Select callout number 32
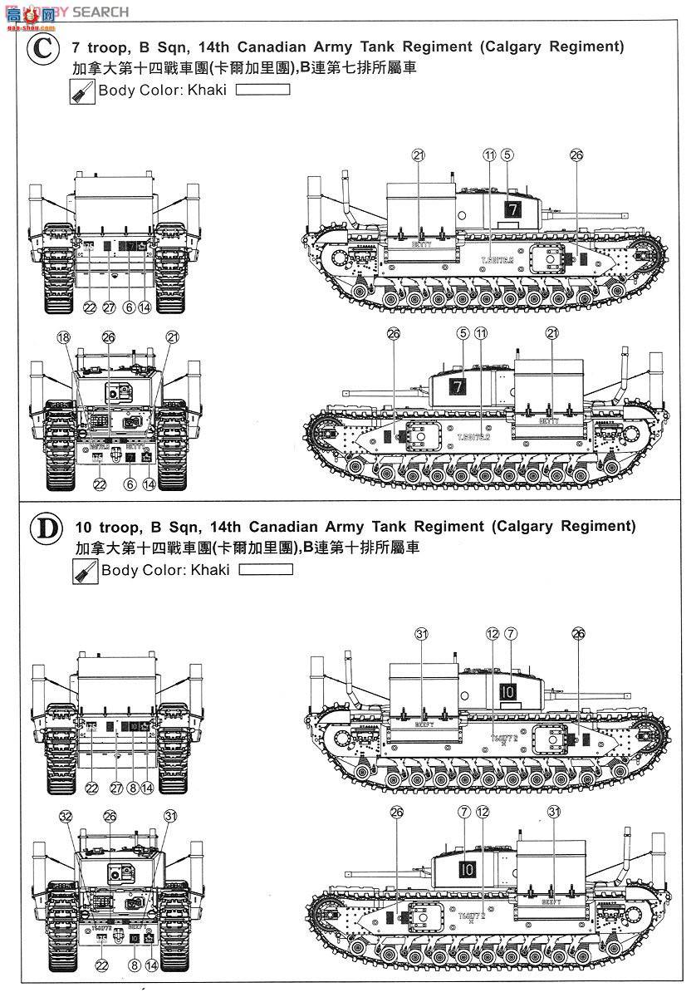pyautogui.click(x=66, y=816)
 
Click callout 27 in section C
pyautogui.click(x=108, y=307)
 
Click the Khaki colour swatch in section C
pyautogui.click(x=262, y=90)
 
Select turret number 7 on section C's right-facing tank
pyautogui.click(x=512, y=210)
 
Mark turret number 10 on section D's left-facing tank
pyautogui.click(x=468, y=870)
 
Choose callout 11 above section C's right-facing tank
pyautogui.click(x=488, y=155)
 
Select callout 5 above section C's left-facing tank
pyautogui.click(x=463, y=334)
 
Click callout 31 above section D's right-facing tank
pyautogui.click(x=421, y=634)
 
